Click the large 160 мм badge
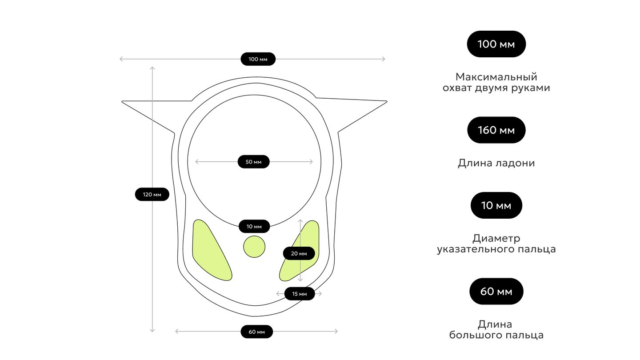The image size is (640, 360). tap(496, 130)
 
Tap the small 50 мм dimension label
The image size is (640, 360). tap(253, 162)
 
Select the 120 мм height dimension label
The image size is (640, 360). tap(152, 194)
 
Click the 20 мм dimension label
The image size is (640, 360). tap(299, 253)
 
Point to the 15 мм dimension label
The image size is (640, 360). tap(300, 294)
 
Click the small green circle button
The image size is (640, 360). tap(254, 247)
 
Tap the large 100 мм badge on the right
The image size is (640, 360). tap(496, 44)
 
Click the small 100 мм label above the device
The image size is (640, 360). tap(258, 59)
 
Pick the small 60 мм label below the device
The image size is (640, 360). tap(256, 332)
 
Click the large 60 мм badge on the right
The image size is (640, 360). tap(496, 292)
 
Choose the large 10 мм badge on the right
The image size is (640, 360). tap(496, 205)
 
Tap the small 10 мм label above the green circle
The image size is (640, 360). tap(254, 227)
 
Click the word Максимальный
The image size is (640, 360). tap(496, 77)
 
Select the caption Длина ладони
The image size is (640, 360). tap(496, 163)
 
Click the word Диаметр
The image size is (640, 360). tap(496, 238)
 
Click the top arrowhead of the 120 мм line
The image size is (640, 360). tap(152, 68)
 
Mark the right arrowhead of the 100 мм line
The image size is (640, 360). tap(384, 59)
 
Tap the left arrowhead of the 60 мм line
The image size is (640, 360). tap(176, 332)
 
